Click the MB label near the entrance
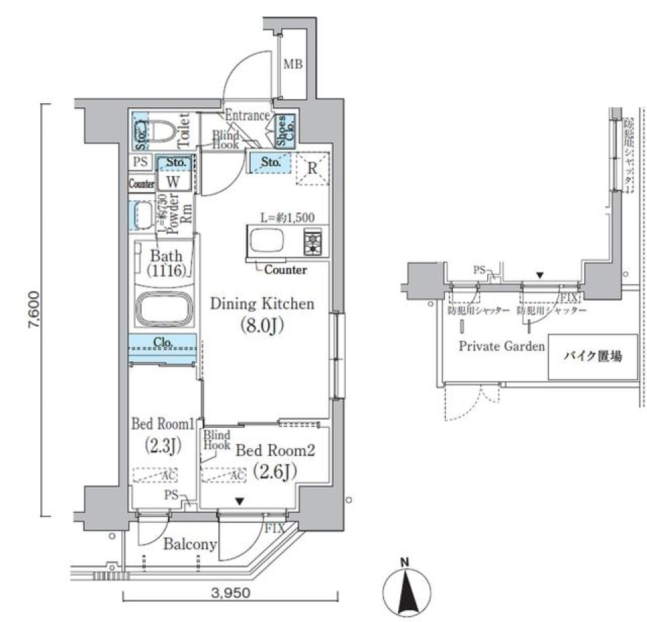tap(292, 65)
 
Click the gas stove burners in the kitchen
tap(313, 241)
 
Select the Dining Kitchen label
tap(262, 304)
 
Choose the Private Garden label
tap(501, 346)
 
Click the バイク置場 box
tap(592, 356)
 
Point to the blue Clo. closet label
tap(163, 342)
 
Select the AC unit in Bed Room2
tap(223, 474)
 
